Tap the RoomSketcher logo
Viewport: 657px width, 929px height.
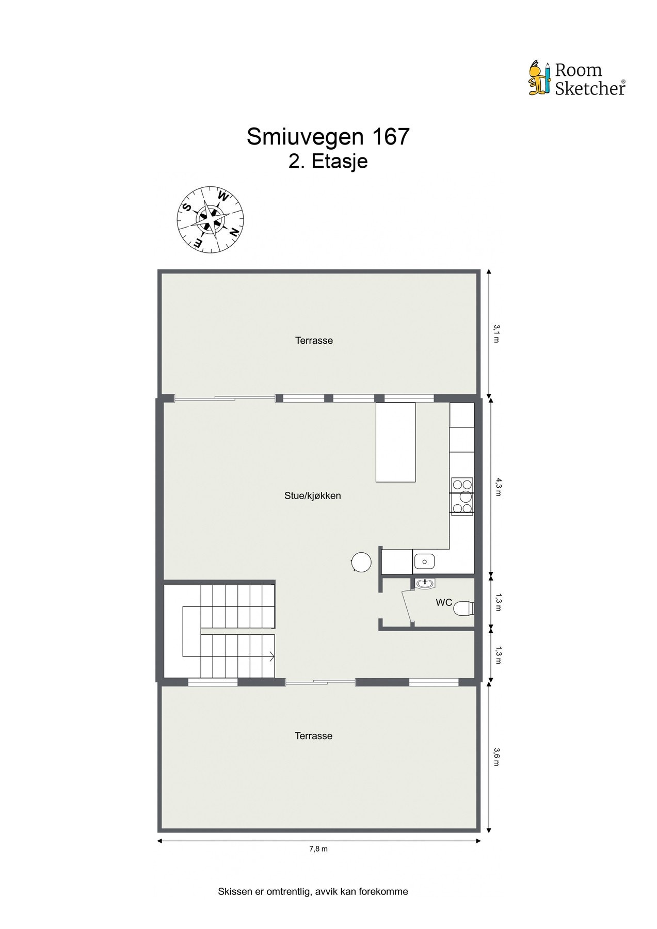(x=577, y=79)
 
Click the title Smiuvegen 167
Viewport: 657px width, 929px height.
(x=328, y=137)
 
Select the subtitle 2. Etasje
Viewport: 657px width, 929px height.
(x=328, y=161)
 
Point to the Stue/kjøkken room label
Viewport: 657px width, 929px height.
(x=313, y=496)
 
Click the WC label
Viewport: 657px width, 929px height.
(x=444, y=602)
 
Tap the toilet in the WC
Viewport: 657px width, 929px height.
(x=463, y=608)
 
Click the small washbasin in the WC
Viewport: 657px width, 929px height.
(x=425, y=583)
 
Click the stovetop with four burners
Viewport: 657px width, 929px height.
(x=462, y=496)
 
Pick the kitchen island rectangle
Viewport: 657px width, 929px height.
(x=395, y=442)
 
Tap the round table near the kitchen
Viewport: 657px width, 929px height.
(x=361, y=562)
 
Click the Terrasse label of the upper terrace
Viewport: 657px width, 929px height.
(x=314, y=341)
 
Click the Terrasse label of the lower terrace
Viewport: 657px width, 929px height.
(x=313, y=736)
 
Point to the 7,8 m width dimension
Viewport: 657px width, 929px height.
(x=318, y=849)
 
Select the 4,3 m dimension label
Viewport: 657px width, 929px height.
(x=498, y=486)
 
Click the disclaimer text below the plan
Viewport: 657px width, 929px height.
(x=313, y=891)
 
